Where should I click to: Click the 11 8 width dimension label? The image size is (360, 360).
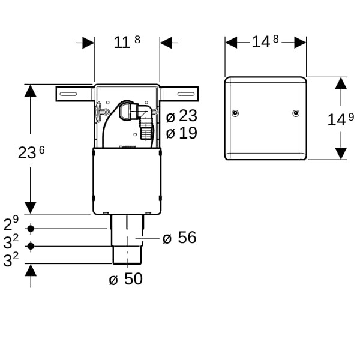[x=127, y=42]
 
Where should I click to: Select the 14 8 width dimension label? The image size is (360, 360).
[x=265, y=42]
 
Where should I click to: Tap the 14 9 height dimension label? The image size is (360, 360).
[x=341, y=119]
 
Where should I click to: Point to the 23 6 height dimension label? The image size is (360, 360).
[x=31, y=152]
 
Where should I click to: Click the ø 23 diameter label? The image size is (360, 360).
[x=182, y=116]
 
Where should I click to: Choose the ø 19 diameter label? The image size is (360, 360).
[x=182, y=133]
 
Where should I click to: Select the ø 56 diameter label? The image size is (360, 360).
[x=179, y=238]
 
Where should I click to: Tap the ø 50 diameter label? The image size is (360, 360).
[x=126, y=279]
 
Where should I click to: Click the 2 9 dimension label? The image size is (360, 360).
[x=11, y=224]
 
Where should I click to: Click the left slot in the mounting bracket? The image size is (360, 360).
[x=68, y=94]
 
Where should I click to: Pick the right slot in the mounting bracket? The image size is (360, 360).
[x=186, y=94]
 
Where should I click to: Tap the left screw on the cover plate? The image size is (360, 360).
[x=235, y=113]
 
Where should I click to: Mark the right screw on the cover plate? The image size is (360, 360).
[x=296, y=113]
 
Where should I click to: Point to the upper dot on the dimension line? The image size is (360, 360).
[x=31, y=229]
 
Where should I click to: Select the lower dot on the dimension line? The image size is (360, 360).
[x=31, y=246]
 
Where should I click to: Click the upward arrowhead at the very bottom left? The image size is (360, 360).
[x=31, y=270]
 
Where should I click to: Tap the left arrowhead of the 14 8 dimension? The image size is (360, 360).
[x=231, y=43]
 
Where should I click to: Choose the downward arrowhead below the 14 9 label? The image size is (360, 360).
[x=341, y=154]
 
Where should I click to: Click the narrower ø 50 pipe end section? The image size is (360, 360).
[x=127, y=255]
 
